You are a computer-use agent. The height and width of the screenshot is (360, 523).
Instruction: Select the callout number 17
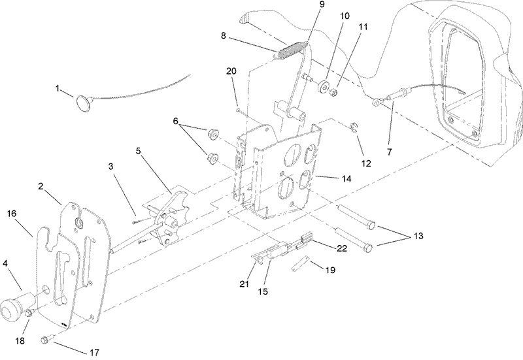tap(94, 352)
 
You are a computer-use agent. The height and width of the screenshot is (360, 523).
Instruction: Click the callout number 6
tap(175, 121)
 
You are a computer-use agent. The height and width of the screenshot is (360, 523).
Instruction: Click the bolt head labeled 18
tap(30, 314)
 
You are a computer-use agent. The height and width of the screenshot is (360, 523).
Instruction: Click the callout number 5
tap(138, 150)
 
